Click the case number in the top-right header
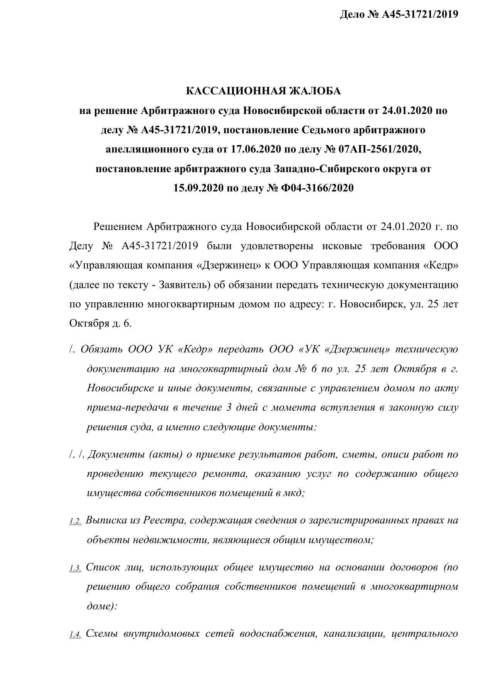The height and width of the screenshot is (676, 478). [x=420, y=15]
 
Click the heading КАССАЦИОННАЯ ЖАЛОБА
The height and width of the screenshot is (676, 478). [x=264, y=91]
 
